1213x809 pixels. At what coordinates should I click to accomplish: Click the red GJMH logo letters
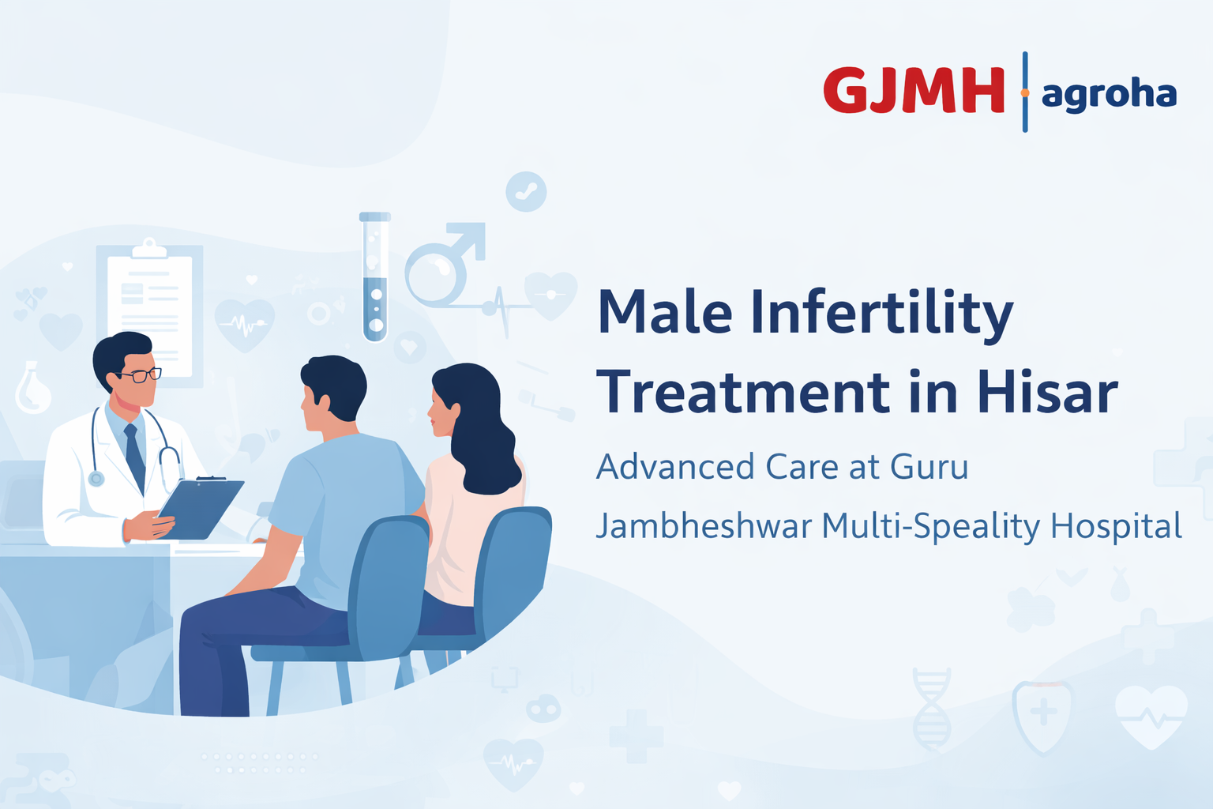pyautogui.click(x=914, y=90)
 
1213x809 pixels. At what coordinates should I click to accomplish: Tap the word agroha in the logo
pyautogui.click(x=1109, y=95)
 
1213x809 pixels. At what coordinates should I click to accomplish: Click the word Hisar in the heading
pyautogui.click(x=1047, y=393)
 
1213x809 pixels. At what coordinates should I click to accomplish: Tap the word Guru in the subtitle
pyautogui.click(x=929, y=467)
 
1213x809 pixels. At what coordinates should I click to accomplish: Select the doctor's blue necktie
pyautogui.click(x=135, y=458)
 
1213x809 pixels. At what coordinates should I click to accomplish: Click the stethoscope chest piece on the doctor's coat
pyautogui.click(x=96, y=478)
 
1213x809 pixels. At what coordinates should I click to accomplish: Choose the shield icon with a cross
pyautogui.click(x=1043, y=715)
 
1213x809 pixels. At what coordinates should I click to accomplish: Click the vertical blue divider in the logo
pyautogui.click(x=1025, y=92)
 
